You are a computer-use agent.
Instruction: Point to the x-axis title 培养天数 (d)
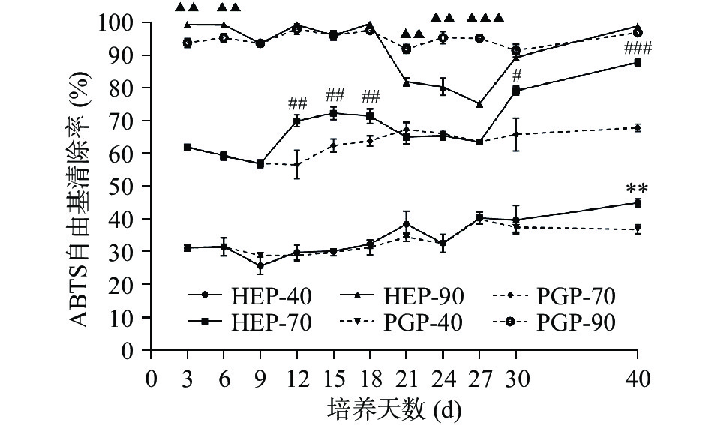point(394,409)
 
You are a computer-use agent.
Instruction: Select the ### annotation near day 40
point(638,49)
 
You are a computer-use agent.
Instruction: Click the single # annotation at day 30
point(516,75)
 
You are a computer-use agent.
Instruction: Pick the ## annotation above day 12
point(298,103)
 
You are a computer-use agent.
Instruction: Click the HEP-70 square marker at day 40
point(638,63)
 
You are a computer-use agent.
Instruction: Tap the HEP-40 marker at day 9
point(260,266)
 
